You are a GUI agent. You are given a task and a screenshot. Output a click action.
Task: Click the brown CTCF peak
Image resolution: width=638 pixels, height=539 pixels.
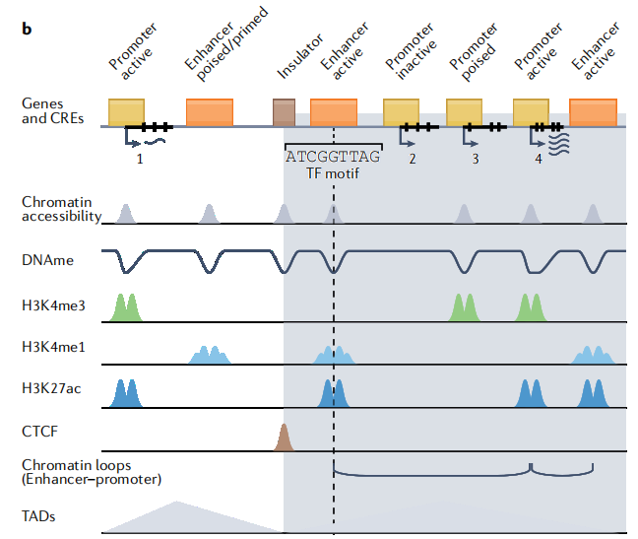(x=284, y=438)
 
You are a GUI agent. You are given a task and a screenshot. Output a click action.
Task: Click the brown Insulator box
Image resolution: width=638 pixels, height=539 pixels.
(x=284, y=112)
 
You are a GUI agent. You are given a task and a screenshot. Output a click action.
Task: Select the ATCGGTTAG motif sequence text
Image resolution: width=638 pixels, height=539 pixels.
(x=333, y=157)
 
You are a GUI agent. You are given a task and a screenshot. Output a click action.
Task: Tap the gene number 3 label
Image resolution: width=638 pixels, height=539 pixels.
(x=476, y=159)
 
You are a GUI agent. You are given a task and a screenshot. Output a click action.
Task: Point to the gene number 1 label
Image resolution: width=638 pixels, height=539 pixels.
(x=140, y=159)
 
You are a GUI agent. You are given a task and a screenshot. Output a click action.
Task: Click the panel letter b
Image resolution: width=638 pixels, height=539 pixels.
(x=27, y=29)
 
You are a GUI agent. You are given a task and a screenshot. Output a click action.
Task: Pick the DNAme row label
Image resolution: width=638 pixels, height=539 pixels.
(x=47, y=260)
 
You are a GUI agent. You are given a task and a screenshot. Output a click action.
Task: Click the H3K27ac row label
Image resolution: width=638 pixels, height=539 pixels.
(x=51, y=388)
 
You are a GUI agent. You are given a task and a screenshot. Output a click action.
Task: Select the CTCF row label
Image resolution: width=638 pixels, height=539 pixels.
(x=39, y=432)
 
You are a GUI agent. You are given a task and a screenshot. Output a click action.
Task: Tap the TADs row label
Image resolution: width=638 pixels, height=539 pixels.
(x=38, y=516)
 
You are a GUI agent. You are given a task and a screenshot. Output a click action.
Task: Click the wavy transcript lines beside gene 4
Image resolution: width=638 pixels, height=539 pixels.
(x=559, y=144)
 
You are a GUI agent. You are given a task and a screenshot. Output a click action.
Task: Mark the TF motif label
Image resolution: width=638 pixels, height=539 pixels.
(x=333, y=173)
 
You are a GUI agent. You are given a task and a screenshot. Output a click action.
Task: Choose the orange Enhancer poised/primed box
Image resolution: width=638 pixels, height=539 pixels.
(x=210, y=112)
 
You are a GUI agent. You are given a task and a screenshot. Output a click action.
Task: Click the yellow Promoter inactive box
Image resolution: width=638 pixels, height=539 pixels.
(x=401, y=112)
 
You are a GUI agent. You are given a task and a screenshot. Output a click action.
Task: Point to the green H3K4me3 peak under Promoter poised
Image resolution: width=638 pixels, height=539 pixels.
(x=465, y=307)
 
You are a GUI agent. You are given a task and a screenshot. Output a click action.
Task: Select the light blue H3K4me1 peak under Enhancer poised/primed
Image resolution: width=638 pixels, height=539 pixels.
(x=210, y=355)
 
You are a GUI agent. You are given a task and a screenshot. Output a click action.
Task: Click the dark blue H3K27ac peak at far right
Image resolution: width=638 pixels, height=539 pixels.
(x=593, y=393)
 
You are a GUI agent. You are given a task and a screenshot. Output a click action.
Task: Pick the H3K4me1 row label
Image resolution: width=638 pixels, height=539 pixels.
(x=53, y=347)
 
